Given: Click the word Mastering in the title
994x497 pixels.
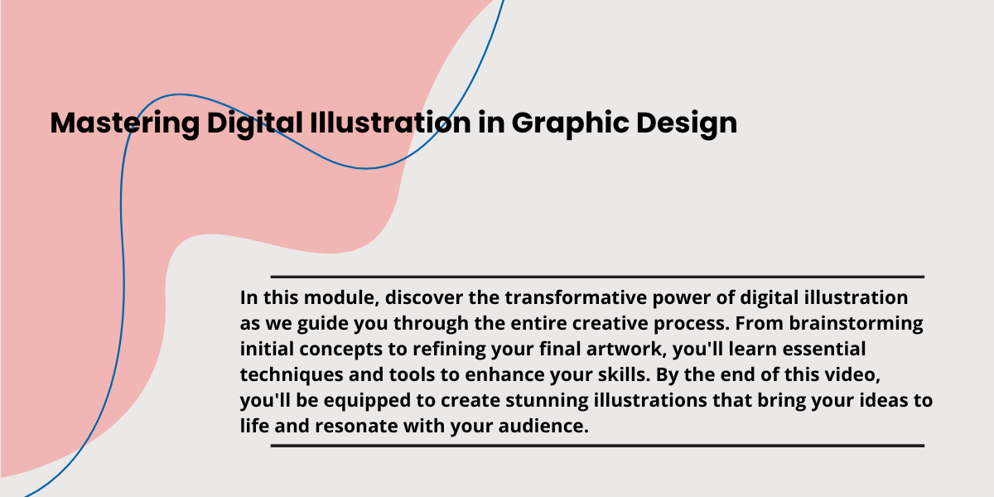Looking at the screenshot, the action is point(125,123).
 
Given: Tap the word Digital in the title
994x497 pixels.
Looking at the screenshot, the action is point(255,123).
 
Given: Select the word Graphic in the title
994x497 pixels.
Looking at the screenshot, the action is point(570,123).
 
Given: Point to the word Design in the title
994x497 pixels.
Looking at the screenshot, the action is point(687,123).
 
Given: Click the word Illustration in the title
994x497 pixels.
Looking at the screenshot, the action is point(390,122).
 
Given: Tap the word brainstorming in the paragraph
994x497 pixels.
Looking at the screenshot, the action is point(856,324).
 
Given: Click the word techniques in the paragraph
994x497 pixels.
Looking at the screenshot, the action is point(292,375).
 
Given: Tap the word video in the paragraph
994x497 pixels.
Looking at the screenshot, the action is point(852,374).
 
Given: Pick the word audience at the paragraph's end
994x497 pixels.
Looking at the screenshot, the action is point(543,426).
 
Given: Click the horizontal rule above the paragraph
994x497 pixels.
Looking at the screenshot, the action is point(597,277).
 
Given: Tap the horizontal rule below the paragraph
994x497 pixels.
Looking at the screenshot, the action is point(597,446).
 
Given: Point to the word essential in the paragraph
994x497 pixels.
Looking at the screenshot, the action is point(824,349).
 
